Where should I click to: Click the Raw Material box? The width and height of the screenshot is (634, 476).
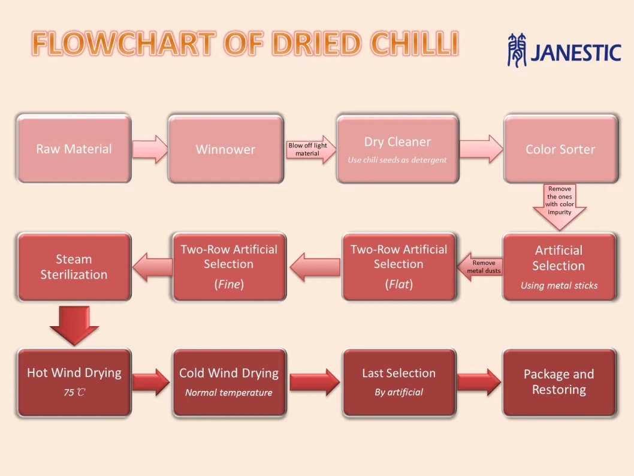click(74, 149)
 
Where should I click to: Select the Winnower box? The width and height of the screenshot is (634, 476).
click(226, 149)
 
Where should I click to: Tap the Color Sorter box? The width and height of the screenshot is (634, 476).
click(560, 149)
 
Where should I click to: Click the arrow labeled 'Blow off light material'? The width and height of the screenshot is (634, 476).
click(310, 149)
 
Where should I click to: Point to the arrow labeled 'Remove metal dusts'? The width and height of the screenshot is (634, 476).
click(481, 267)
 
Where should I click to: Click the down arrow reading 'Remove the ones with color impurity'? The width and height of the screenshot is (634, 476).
click(560, 207)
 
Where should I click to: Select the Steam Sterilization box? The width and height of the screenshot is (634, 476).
click(74, 267)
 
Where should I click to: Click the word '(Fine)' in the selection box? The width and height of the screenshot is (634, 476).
click(229, 284)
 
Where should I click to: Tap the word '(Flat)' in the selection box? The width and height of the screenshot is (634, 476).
click(398, 284)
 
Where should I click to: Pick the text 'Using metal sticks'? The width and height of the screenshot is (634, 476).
click(559, 285)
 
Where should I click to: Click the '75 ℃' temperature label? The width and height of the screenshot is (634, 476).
click(74, 392)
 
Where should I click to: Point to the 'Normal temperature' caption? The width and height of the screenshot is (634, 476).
click(229, 392)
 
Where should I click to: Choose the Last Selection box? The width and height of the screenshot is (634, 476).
click(399, 382)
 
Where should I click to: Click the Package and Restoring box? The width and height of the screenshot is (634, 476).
click(560, 382)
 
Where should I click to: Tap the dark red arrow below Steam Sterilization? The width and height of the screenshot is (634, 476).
click(74, 326)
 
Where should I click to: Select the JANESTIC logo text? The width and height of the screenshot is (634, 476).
click(576, 53)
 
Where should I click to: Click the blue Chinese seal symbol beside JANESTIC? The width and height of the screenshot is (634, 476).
click(517, 50)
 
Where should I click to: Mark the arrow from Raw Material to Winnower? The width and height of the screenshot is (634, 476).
click(150, 149)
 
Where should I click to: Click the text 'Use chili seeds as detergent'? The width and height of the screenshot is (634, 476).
click(397, 160)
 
